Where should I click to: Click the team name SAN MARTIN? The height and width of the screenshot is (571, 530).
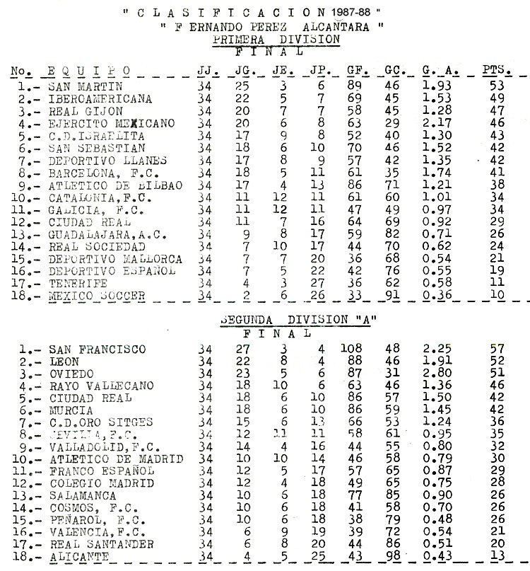pos(77,86)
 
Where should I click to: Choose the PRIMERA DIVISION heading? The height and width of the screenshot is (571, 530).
pos(276,40)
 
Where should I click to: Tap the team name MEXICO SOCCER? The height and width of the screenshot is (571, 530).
pos(97,295)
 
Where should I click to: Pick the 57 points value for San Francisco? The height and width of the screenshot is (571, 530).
pos(498,349)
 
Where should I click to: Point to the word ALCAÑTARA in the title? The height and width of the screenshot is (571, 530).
pos(336,27)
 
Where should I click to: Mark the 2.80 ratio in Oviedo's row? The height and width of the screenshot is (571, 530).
pos(436,373)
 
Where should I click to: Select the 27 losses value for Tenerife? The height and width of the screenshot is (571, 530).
pos(317,282)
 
